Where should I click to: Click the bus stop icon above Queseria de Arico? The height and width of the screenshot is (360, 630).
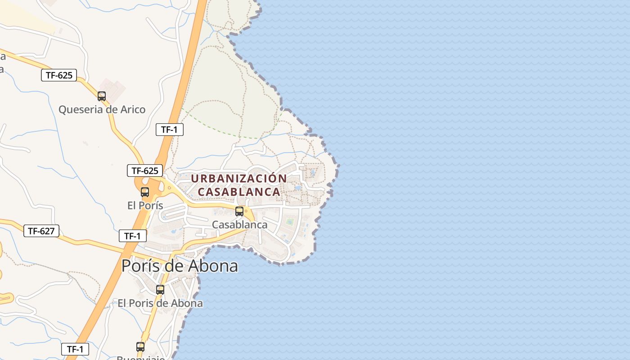pyautogui.click(x=102, y=96)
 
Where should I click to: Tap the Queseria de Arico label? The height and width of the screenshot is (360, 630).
pyautogui.click(x=102, y=109)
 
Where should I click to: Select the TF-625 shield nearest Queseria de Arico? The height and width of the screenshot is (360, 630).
pyautogui.click(x=59, y=75)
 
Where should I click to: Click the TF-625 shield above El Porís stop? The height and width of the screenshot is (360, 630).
pyautogui.click(x=145, y=171)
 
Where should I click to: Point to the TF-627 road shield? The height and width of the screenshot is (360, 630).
pyautogui.click(x=41, y=231)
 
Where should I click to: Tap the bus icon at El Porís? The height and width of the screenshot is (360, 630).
pyautogui.click(x=145, y=192)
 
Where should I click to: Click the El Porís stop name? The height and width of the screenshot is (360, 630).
pyautogui.click(x=145, y=206)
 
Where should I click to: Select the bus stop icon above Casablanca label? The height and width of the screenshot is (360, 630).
pyautogui.click(x=239, y=211)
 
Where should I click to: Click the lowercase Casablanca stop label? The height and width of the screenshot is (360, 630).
pyautogui.click(x=239, y=225)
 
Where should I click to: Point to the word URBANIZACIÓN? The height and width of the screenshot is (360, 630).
pyautogui.click(x=239, y=179)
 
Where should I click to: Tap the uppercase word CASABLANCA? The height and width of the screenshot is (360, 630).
pyautogui.click(x=239, y=192)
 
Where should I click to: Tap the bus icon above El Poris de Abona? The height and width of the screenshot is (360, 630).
pyautogui.click(x=160, y=290)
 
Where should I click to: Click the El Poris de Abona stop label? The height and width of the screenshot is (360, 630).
pyautogui.click(x=160, y=303)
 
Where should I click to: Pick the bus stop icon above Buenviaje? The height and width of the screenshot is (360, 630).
pyautogui.click(x=140, y=347)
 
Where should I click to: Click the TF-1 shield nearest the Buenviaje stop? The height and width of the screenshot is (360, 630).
pyautogui.click(x=75, y=349)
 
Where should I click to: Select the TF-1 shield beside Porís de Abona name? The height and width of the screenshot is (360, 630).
pyautogui.click(x=133, y=236)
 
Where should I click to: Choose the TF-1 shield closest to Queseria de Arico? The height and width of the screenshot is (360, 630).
pyautogui.click(x=170, y=130)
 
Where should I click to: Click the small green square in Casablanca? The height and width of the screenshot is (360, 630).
pyautogui.click(x=290, y=222)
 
